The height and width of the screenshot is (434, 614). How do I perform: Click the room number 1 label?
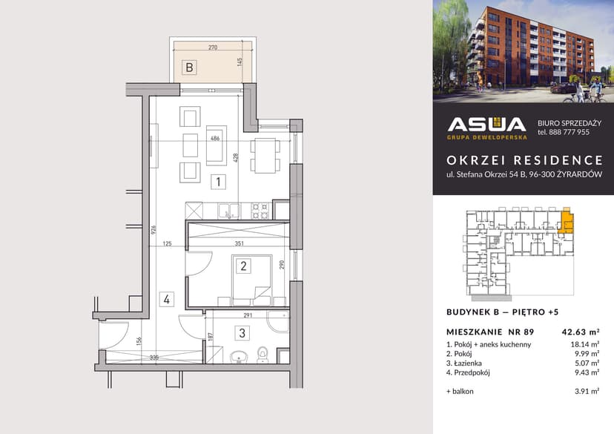coord(218,181)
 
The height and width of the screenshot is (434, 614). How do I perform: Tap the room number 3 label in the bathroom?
coord(242,333)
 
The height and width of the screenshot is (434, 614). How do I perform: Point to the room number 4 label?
coord(168,300)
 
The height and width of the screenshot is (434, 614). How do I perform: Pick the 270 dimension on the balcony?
coord(213,47)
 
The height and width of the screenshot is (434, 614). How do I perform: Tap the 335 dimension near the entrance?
coord(153,358)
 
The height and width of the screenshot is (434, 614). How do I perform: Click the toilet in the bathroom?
coord(262,355)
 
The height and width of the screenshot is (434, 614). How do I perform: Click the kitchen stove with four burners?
coord(260,210)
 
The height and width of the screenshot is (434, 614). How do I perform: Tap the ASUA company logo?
coord(486,127)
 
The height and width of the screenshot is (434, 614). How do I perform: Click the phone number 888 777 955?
coord(570,132)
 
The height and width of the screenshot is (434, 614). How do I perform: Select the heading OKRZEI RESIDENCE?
coord(524,160)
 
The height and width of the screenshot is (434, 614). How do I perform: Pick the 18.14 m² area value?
coord(584,344)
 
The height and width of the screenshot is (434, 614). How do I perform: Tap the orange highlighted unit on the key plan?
coord(566,223)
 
